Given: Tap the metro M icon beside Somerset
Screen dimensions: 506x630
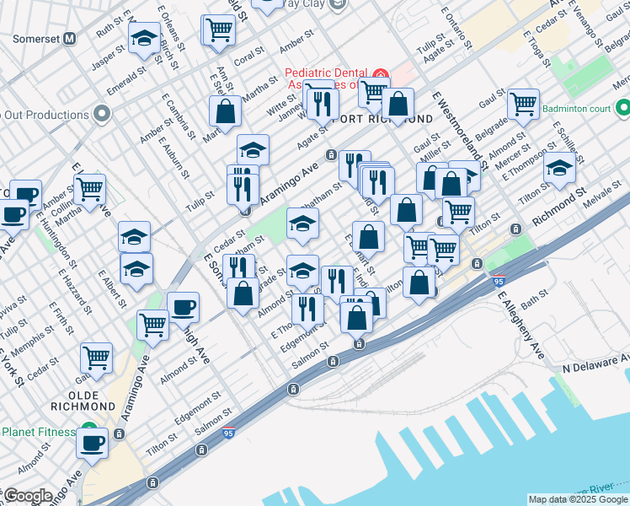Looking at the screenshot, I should click(69, 39).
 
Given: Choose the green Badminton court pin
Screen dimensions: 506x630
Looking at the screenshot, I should click(623, 107).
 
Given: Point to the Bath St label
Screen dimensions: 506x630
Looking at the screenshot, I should click(534, 299).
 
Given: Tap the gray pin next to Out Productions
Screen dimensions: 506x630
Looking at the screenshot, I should click(103, 114).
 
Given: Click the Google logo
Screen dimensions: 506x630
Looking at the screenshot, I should click(27, 495).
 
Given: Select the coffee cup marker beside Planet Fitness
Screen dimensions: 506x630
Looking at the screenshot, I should click(92, 442).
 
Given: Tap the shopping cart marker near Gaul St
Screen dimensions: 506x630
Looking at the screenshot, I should click(523, 105).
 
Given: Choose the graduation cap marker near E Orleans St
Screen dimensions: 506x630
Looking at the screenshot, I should click(144, 39).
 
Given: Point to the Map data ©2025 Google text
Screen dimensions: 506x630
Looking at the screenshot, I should click(578, 499).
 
